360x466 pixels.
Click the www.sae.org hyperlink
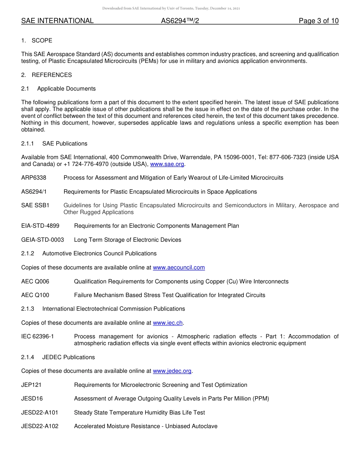(x=167, y=164)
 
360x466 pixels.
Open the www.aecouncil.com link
(x=179, y=267)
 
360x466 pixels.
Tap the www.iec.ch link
(x=167, y=323)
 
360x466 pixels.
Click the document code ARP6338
(x=34, y=178)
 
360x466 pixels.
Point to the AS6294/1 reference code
(x=34, y=192)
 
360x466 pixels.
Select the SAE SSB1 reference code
(x=35, y=205)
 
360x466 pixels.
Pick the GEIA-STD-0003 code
(x=42, y=240)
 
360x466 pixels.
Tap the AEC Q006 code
(x=35, y=281)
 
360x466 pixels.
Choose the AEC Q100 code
(x=35, y=295)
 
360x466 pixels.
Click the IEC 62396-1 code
(x=38, y=336)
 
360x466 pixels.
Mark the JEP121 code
(x=31, y=385)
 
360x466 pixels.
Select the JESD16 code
(x=32, y=399)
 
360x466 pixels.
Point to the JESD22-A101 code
(x=40, y=413)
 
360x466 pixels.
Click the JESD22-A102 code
(x=40, y=426)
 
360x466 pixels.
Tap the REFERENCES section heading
(x=52, y=75)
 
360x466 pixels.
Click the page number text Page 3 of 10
(x=318, y=21)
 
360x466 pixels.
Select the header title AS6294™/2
(x=180, y=21)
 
